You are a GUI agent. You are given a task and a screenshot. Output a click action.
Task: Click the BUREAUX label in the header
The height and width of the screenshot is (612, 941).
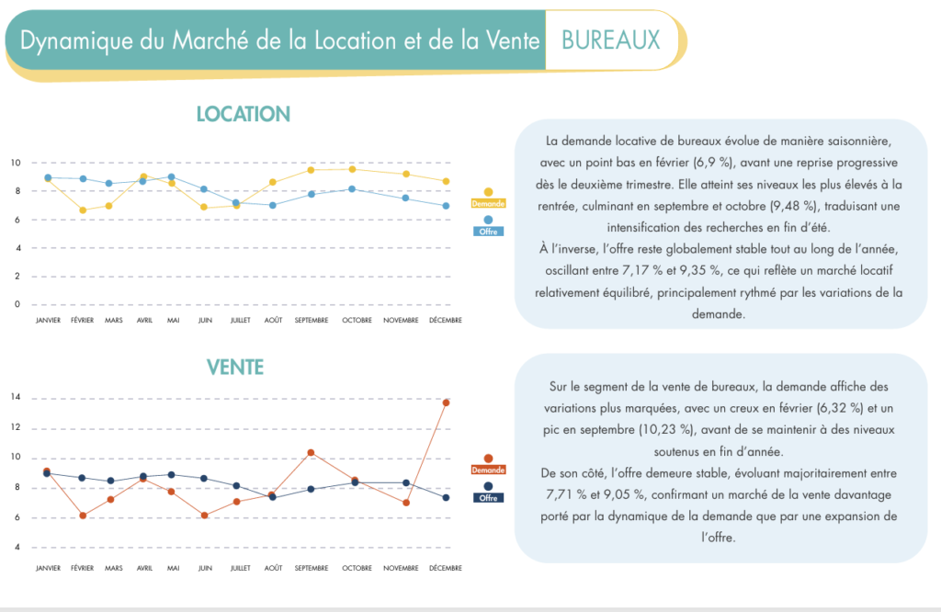tap(610, 40)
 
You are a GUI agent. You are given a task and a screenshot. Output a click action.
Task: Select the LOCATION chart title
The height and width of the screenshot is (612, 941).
tap(243, 114)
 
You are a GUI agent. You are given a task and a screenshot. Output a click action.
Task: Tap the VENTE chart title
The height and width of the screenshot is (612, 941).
tap(235, 368)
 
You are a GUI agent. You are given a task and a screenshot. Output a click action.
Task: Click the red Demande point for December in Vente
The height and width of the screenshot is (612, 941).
tap(446, 402)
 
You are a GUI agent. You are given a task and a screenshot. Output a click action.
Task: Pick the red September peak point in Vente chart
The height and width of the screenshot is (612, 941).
tap(311, 452)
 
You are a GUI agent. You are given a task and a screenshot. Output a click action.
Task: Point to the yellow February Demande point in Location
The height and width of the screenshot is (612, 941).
tap(84, 210)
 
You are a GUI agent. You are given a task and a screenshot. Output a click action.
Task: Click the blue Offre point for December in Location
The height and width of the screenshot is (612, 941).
tap(446, 206)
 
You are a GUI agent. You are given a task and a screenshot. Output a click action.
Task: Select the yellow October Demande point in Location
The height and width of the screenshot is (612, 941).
tap(352, 169)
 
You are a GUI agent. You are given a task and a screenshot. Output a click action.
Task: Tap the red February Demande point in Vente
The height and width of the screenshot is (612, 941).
tap(84, 516)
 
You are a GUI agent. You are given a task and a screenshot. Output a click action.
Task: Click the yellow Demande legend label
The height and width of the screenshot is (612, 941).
tap(488, 203)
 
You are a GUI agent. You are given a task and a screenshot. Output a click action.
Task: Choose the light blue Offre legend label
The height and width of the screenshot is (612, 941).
tap(488, 232)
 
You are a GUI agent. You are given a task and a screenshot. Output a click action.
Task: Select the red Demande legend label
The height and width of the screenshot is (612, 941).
tap(488, 470)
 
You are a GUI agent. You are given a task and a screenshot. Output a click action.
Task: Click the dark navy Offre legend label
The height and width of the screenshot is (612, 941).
tap(488, 497)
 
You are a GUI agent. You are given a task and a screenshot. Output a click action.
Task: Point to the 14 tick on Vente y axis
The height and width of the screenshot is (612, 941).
tap(16, 398)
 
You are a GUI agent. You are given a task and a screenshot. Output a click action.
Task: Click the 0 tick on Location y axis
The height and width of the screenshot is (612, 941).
tap(16, 304)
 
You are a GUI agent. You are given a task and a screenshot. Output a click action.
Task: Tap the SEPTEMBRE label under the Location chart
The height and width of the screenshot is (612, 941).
tap(311, 321)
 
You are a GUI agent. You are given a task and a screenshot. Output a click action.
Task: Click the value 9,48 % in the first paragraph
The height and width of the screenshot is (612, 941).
tap(833, 204)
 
